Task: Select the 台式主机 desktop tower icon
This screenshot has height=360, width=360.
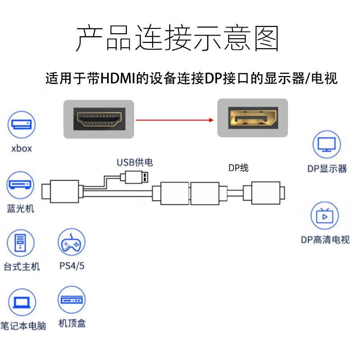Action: pos(21,243)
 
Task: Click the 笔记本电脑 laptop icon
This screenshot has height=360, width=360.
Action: pos(21,302)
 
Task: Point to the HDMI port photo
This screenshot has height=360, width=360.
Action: pos(99,119)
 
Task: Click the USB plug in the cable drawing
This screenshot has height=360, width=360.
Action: pos(138,176)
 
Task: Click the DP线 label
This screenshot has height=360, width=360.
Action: pos(238,168)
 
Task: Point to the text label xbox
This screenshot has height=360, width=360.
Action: pos(22,148)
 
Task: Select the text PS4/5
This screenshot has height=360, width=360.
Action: pos(72,265)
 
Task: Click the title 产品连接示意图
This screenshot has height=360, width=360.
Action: pos(177,38)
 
